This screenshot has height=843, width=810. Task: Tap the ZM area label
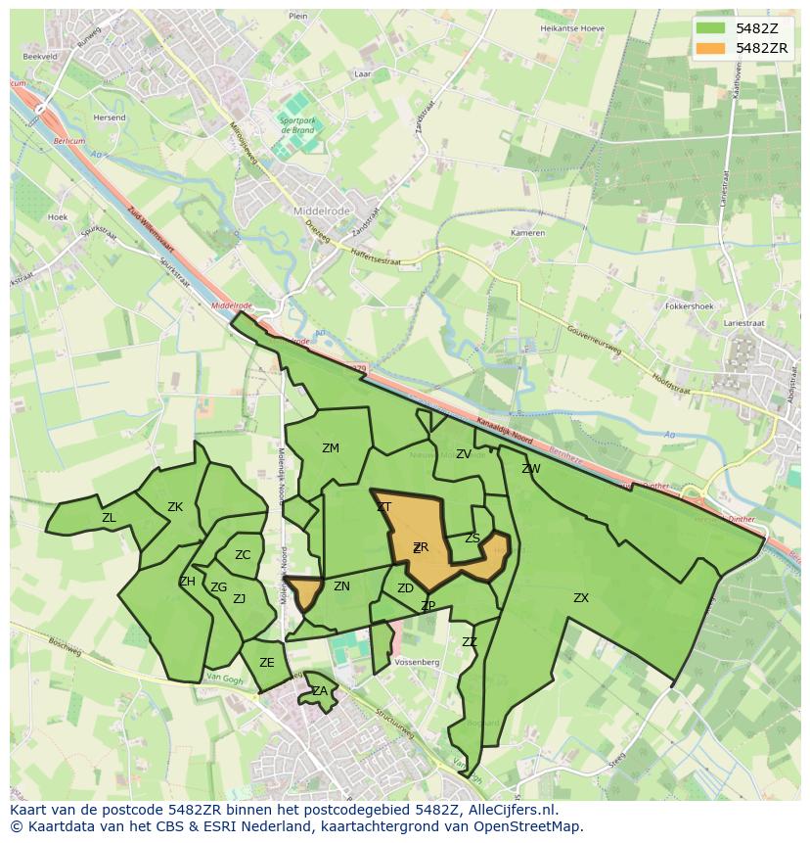click(x=331, y=448)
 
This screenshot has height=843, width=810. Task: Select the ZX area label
click(x=581, y=597)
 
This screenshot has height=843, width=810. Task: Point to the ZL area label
click(x=109, y=518)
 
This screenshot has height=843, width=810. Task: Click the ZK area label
click(x=175, y=507)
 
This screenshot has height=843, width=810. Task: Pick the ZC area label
click(x=243, y=555)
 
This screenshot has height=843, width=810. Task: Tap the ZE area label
click(x=267, y=663)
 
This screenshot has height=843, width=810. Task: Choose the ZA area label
click(x=320, y=691)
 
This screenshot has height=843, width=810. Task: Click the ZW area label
click(x=531, y=469)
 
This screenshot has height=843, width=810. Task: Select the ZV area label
click(x=464, y=454)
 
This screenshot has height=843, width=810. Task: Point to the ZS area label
click(x=472, y=539)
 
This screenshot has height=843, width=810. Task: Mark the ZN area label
click(x=341, y=586)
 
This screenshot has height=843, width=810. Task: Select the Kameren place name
click(x=527, y=234)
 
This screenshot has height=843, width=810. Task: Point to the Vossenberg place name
click(x=418, y=663)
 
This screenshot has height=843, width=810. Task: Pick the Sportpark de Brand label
click(x=296, y=125)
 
